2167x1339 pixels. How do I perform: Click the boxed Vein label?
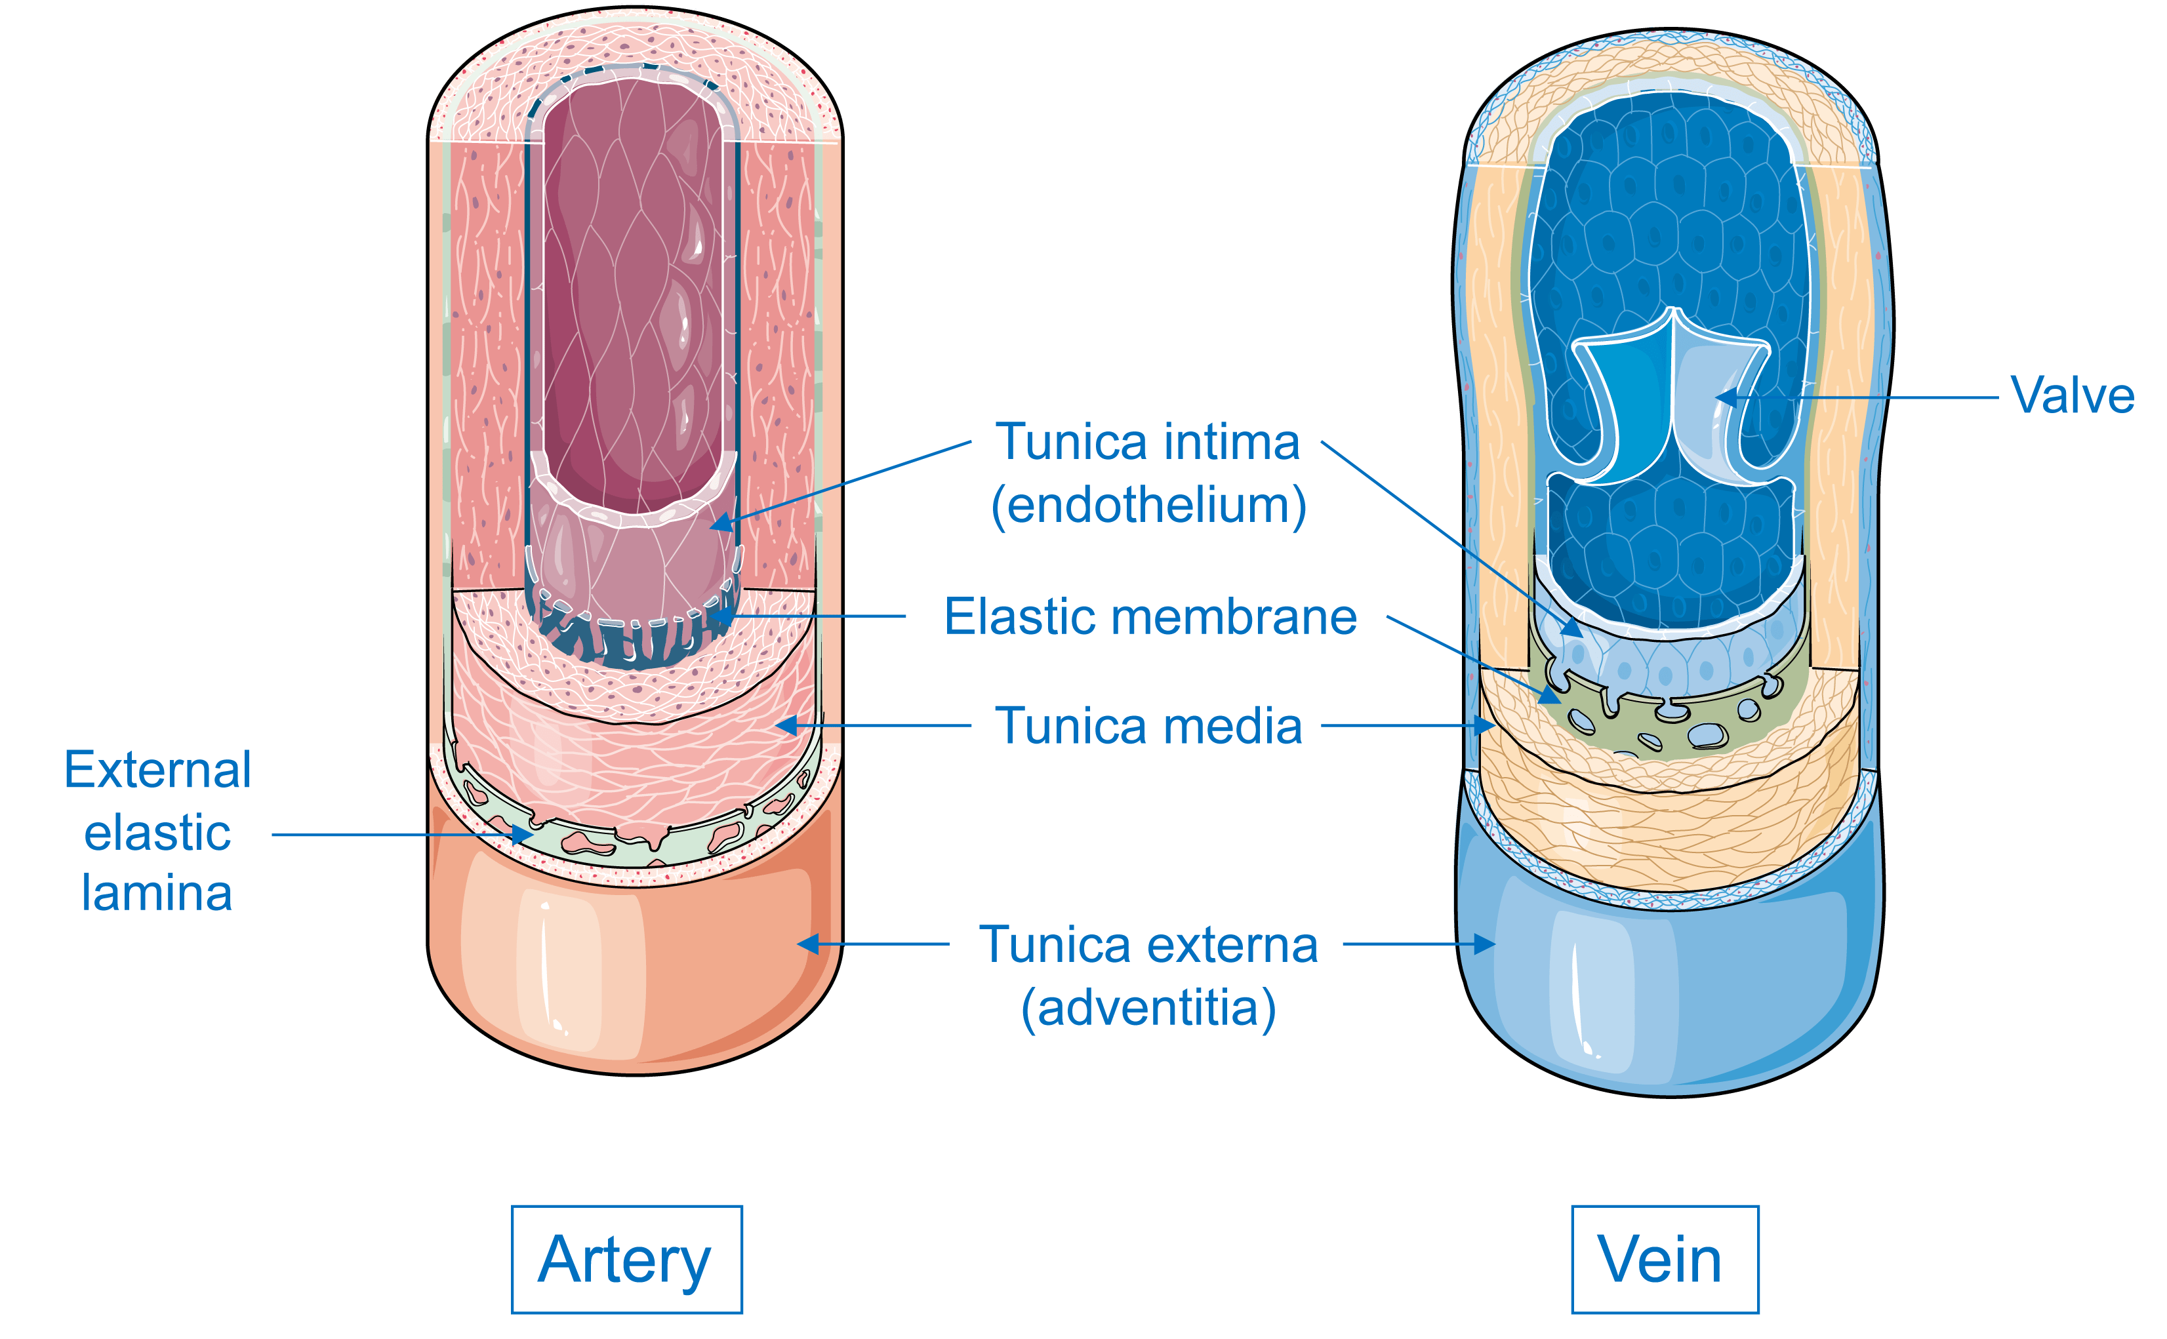click(x=1663, y=1259)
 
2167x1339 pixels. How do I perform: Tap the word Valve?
click(x=2071, y=396)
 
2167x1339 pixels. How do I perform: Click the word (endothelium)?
click(x=1148, y=506)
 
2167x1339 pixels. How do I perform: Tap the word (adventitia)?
click(x=1148, y=1008)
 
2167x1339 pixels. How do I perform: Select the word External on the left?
click(x=157, y=770)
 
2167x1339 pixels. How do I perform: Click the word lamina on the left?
click(x=157, y=892)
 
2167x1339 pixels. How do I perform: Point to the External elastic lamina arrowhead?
click(x=523, y=834)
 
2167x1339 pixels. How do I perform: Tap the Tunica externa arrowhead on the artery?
click(x=806, y=944)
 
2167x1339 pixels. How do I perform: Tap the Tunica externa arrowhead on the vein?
click(x=1488, y=944)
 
